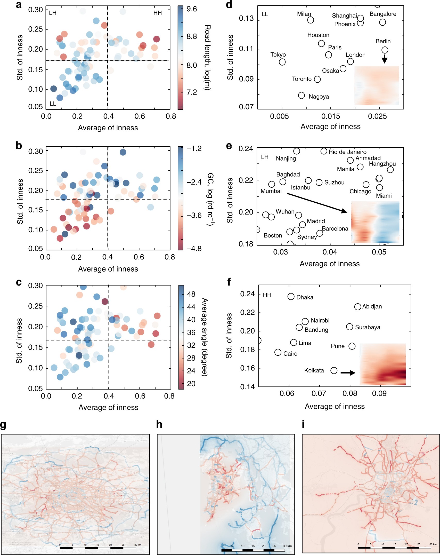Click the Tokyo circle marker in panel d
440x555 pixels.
282,62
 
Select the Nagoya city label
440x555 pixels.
319,97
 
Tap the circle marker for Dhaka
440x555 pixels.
291,297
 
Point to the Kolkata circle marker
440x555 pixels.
334,370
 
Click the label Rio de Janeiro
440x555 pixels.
347,152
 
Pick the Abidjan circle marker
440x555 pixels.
357,307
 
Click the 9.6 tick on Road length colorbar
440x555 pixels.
192,9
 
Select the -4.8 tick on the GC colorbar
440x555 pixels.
194,249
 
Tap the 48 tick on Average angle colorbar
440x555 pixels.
191,294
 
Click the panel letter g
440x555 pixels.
3,424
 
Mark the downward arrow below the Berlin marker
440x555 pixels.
385,59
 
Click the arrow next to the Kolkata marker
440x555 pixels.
348,373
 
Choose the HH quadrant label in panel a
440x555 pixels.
158,13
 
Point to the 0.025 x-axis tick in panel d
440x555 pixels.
377,116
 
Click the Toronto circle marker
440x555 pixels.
317,79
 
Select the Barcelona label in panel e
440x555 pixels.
335,229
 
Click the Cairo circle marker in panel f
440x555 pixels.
278,352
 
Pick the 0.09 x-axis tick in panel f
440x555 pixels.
379,394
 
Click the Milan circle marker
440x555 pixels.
311,20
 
